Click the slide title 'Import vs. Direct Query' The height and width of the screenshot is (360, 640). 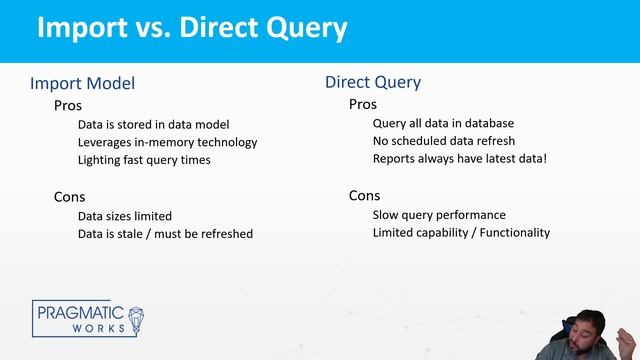(x=192, y=27)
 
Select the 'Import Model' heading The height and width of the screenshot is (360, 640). (x=82, y=84)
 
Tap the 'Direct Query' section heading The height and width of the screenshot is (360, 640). (x=373, y=82)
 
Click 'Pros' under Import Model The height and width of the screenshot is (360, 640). (x=68, y=105)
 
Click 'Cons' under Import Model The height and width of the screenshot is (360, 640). (x=70, y=196)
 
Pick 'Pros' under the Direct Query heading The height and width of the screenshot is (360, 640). (x=363, y=104)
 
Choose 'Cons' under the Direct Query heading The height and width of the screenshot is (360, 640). (x=365, y=195)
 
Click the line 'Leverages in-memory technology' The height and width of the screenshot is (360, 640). (x=167, y=142)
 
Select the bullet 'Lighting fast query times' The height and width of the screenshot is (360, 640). (x=144, y=160)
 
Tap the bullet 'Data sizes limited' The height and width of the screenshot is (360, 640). (x=125, y=216)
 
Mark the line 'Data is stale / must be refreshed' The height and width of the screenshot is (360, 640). (x=165, y=234)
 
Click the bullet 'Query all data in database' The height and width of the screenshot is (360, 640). (x=443, y=124)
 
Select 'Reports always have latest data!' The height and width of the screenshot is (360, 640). (x=460, y=159)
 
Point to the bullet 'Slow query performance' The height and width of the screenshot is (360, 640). (x=439, y=215)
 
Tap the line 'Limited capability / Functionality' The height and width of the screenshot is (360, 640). (x=461, y=233)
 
